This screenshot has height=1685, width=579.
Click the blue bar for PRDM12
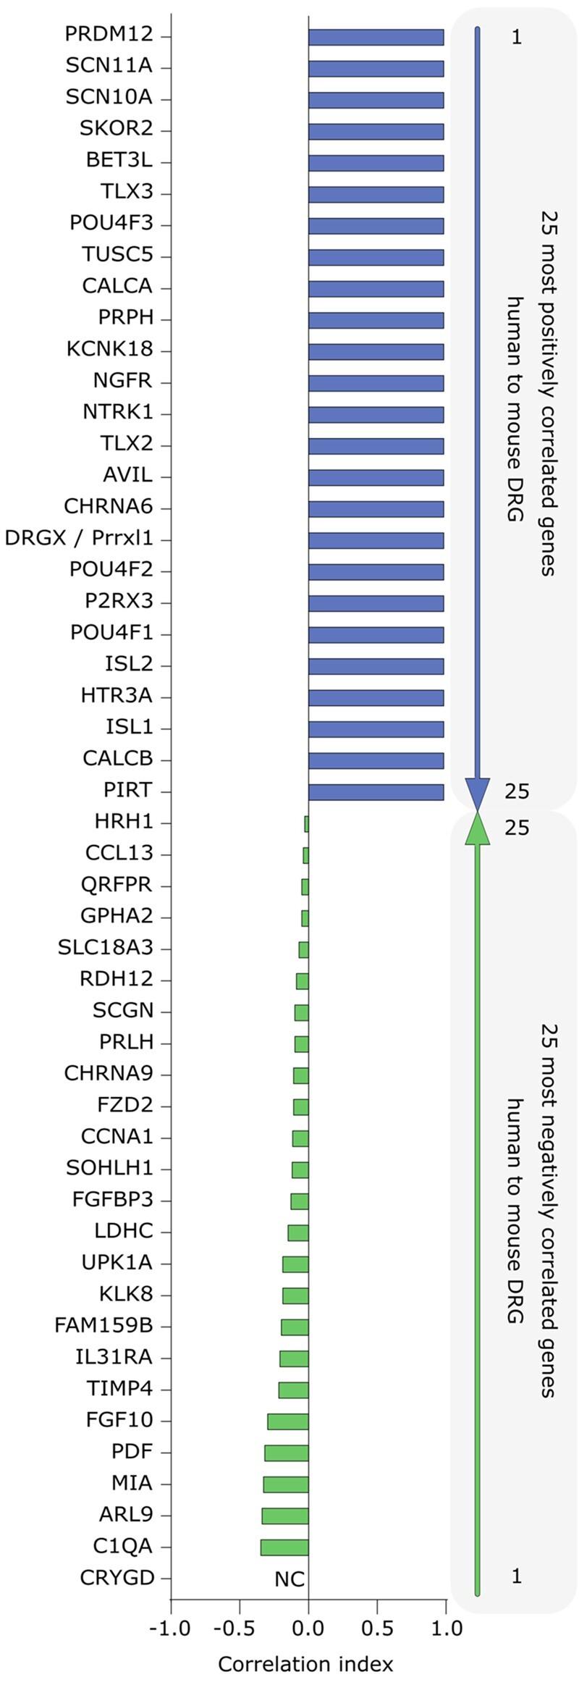[x=376, y=37]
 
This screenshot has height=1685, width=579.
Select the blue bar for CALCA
[x=376, y=288]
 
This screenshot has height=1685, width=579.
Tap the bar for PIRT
[x=376, y=792]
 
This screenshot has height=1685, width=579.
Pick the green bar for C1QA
[x=284, y=1547]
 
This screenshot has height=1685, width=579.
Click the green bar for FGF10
[x=288, y=1421]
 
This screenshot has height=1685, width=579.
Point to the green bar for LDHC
[x=298, y=1232]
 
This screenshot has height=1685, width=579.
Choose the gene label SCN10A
[x=109, y=98]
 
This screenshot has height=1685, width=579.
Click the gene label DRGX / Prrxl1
[x=79, y=539]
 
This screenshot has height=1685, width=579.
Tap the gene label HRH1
[x=124, y=823]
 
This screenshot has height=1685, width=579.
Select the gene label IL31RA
[x=114, y=1358]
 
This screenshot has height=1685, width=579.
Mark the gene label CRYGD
[x=117, y=1578]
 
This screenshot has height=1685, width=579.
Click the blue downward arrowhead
[x=478, y=794]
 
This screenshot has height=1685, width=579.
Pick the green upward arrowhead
[x=478, y=828]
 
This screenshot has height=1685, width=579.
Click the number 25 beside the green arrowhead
[x=517, y=828]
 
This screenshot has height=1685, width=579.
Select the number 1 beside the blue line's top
[x=516, y=37]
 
